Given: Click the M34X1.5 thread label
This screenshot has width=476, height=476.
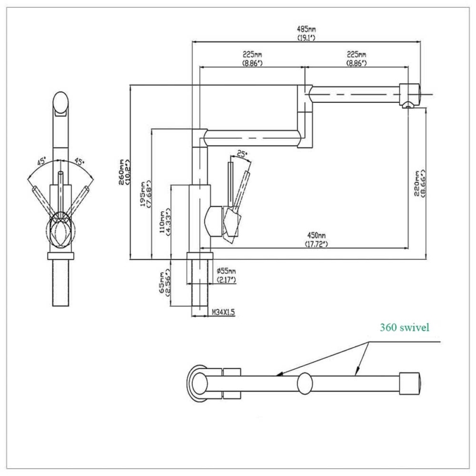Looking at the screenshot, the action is (x=224, y=312).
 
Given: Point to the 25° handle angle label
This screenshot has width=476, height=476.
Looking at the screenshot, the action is (x=242, y=154).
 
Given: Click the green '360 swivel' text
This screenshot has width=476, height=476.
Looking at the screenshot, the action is (x=405, y=327).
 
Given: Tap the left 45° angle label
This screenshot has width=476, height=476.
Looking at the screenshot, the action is (x=42, y=161).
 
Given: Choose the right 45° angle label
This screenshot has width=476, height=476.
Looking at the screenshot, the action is (x=79, y=161).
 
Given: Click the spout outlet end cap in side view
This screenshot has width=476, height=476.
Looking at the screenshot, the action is (x=410, y=95).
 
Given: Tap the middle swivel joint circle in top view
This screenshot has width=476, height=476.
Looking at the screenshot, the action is (x=305, y=384).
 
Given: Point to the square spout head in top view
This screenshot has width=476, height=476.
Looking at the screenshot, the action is (x=410, y=383).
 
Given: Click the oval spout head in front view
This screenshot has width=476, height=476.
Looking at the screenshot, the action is (x=61, y=104).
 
